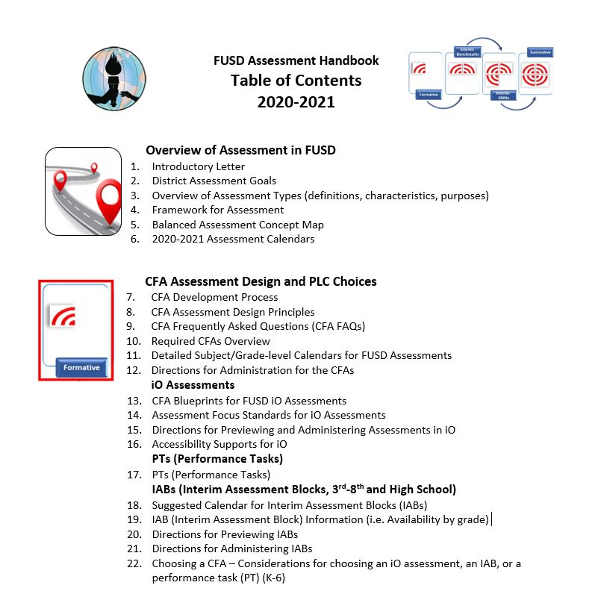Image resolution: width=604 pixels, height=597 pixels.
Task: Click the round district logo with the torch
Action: coord(114,78)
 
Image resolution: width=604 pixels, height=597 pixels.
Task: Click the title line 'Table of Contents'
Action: coord(296,81)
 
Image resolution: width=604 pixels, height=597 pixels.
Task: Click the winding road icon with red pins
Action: coord(83,192)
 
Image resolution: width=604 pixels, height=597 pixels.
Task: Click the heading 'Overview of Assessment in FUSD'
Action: coord(240,150)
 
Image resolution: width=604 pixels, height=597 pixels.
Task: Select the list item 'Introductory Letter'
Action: coord(198,166)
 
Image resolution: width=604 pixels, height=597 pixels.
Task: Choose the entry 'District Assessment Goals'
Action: coord(214,181)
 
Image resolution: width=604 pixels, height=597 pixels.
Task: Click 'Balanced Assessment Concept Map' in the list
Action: coord(237,225)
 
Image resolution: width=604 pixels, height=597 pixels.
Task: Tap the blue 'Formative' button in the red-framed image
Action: coord(82,368)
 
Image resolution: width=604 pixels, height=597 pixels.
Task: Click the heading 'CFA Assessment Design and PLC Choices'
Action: coord(261,281)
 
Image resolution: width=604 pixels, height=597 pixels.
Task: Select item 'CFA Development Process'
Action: coord(214,297)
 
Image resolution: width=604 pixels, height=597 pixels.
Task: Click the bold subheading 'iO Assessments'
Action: coord(193,385)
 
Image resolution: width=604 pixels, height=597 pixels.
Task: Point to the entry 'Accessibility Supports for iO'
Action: coord(220,444)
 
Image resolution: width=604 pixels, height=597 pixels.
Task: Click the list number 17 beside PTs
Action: coord(134,475)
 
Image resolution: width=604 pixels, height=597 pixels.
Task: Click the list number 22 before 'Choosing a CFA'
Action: coord(134,563)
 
